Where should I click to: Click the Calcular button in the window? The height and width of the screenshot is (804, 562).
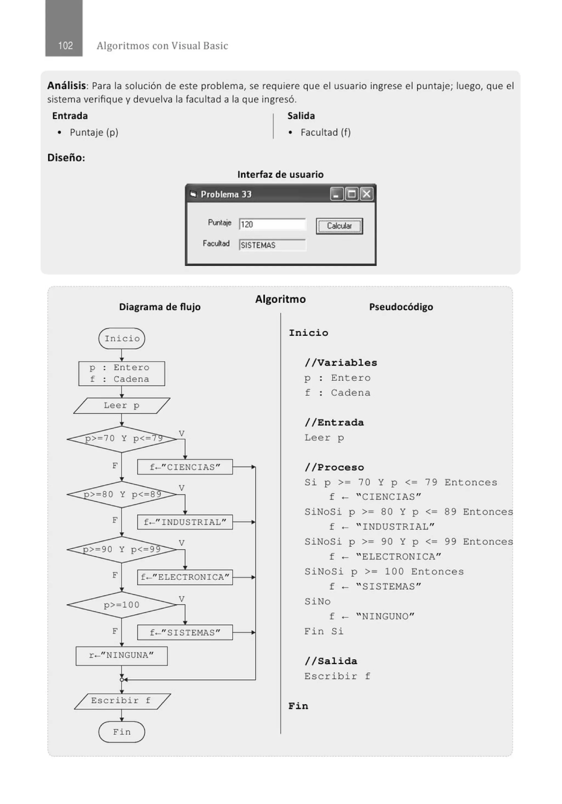pyautogui.click(x=339, y=226)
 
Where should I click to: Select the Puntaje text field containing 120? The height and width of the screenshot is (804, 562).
pyautogui.click(x=272, y=224)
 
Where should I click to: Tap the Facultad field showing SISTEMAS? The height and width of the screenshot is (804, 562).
pyautogui.click(x=272, y=245)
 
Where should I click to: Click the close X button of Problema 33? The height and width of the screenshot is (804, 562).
pyautogui.click(x=367, y=194)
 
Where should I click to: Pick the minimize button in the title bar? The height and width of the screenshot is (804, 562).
pyautogui.click(x=336, y=194)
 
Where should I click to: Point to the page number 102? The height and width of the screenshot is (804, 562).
pyautogui.click(x=65, y=46)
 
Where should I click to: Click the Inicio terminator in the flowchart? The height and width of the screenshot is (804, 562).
pyautogui.click(x=122, y=338)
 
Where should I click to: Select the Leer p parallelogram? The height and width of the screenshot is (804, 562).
pyautogui.click(x=122, y=405)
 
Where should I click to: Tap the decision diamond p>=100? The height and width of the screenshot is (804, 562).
pyautogui.click(x=122, y=605)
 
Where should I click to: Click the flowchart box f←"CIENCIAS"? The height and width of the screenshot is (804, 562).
pyautogui.click(x=185, y=467)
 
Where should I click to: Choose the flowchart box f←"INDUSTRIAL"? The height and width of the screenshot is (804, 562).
pyautogui.click(x=185, y=522)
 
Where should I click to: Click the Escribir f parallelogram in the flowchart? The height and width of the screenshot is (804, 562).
pyautogui.click(x=122, y=701)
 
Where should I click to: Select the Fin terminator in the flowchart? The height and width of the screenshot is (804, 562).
pyautogui.click(x=122, y=732)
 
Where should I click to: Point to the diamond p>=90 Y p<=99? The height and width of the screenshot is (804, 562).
pyautogui.click(x=122, y=549)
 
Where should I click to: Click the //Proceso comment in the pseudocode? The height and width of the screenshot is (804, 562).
pyautogui.click(x=334, y=467)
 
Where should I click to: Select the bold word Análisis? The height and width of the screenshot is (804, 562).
pyautogui.click(x=67, y=85)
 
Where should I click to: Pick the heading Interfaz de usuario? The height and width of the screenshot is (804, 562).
pyautogui.click(x=280, y=174)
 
